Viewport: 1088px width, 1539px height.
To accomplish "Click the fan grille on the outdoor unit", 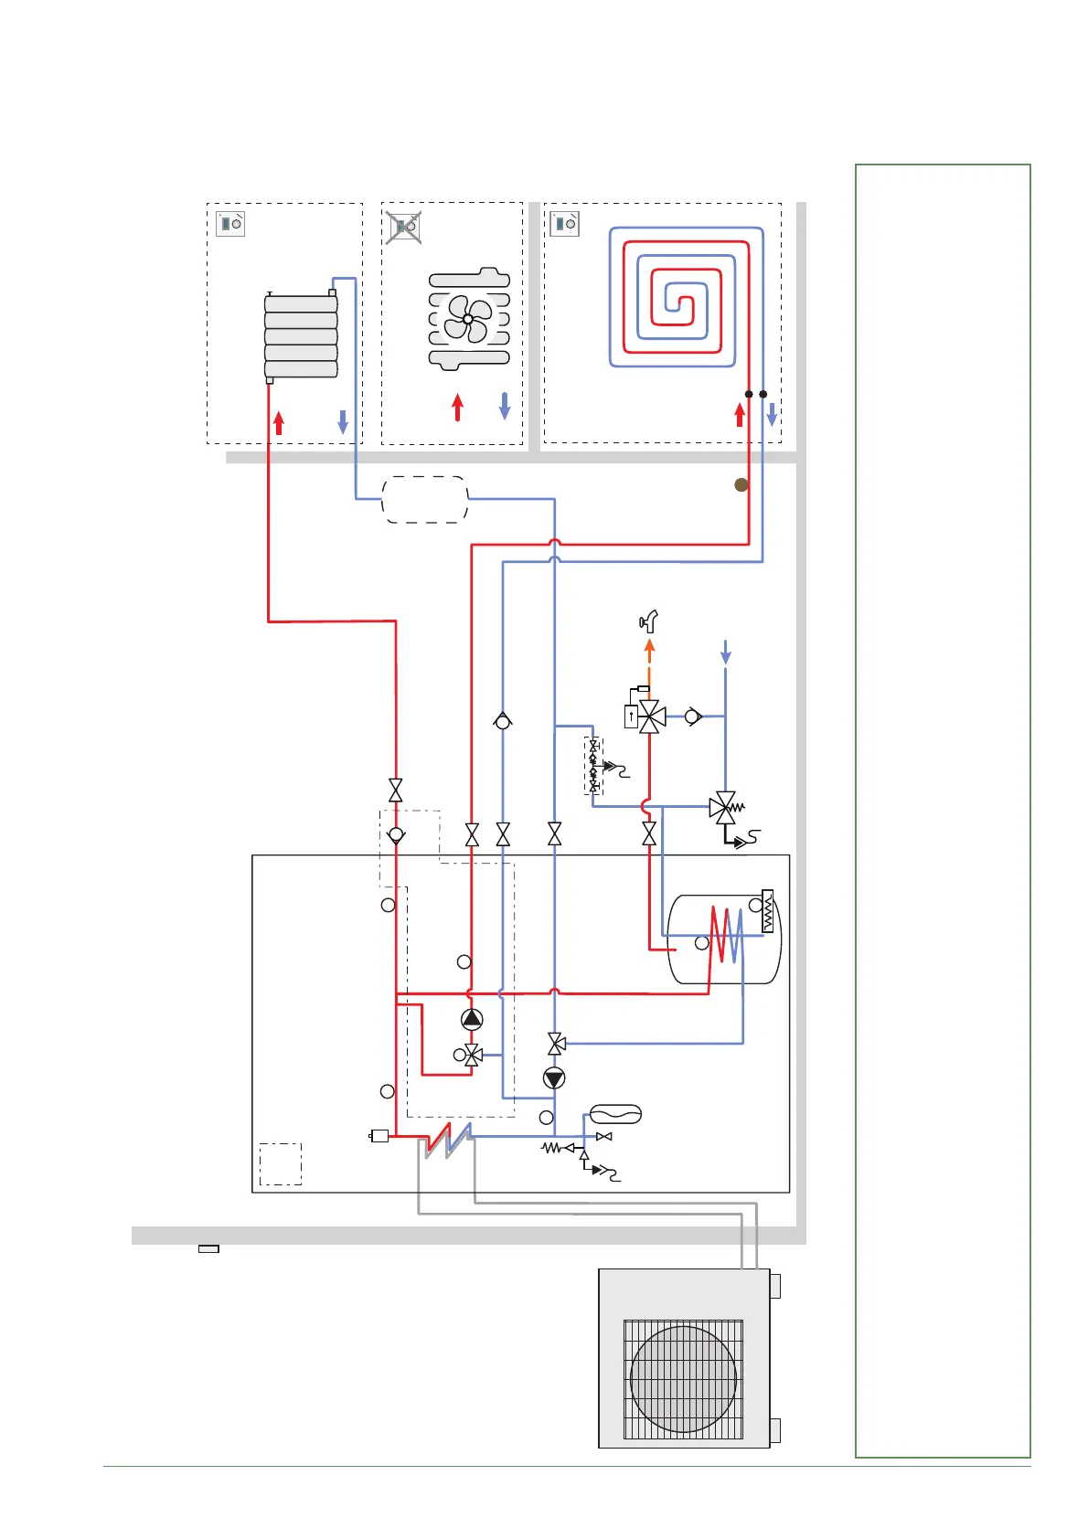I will coord(683,1379).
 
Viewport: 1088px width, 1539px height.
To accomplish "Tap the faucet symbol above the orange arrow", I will coord(649,622).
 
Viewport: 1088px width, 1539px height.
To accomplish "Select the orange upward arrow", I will coord(649,650).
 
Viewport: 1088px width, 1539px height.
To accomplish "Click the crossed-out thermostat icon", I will coord(403,226).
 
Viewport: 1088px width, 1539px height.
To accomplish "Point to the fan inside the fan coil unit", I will coord(467,319).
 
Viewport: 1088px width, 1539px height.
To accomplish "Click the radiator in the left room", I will coord(301,336).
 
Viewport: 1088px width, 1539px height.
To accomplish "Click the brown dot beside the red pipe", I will coord(741,485).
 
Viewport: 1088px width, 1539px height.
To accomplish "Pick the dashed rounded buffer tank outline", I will coord(424,499).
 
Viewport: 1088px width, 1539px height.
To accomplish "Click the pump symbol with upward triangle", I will coord(472,1019).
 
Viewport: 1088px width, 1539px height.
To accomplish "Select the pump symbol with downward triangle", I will coord(554,1078).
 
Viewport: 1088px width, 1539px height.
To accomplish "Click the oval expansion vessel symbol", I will coord(615,1114).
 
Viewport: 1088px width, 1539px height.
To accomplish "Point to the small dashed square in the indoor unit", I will coord(281,1163).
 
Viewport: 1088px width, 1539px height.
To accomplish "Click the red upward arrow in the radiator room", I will coord(279,422).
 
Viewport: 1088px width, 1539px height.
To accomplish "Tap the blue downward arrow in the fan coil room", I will coord(504,406).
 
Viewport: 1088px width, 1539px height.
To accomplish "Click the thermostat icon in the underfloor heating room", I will coord(564,223).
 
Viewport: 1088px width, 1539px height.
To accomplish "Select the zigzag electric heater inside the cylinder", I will coord(767,911).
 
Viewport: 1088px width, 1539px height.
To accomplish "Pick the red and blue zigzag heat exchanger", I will coord(447,1140).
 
